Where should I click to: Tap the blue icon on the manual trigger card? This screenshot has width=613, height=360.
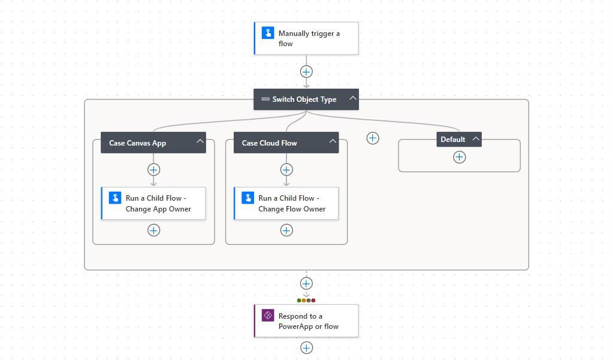[268, 33]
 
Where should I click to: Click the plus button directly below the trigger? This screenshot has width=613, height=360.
[306, 71]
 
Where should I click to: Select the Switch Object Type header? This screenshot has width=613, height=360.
[304, 99]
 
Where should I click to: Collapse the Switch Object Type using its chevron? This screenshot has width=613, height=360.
[353, 99]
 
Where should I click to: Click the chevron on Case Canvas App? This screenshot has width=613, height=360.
[200, 142]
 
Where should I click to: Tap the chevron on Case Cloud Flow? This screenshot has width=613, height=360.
[333, 142]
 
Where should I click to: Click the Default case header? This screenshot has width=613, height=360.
[453, 140]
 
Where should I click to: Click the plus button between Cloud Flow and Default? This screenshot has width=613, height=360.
[373, 138]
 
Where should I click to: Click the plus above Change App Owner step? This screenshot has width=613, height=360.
[153, 170]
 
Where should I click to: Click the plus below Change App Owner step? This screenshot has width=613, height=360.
[153, 230]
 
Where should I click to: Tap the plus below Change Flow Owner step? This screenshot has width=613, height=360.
[286, 230]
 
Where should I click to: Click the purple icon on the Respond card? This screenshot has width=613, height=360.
[268, 316]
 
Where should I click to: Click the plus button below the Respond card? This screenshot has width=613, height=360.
[306, 347]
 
